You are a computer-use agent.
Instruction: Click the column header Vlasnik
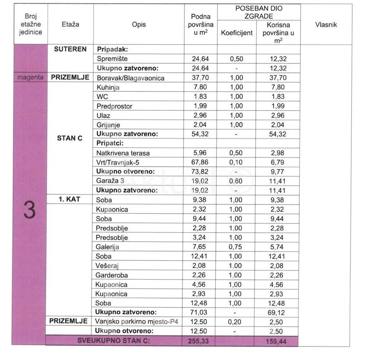pyautogui.click(x=326, y=25)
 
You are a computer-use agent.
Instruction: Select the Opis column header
pyautogui.click(x=139, y=25)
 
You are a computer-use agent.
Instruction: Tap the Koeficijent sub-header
pyautogui.click(x=236, y=32)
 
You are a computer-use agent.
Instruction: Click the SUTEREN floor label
pyautogui.click(x=70, y=49)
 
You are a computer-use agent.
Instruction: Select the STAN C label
pyautogui.click(x=70, y=138)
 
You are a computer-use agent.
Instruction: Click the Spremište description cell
pyautogui.click(x=112, y=58)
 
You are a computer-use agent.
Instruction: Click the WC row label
pyautogui.click(x=102, y=97)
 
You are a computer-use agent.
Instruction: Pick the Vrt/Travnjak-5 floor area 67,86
pyautogui.click(x=200, y=162)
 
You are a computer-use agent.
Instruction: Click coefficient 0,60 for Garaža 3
pyautogui.click(x=236, y=181)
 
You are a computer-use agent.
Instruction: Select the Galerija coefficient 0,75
pyautogui.click(x=236, y=247)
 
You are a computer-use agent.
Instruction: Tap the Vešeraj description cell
pyautogui.click(x=107, y=266)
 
